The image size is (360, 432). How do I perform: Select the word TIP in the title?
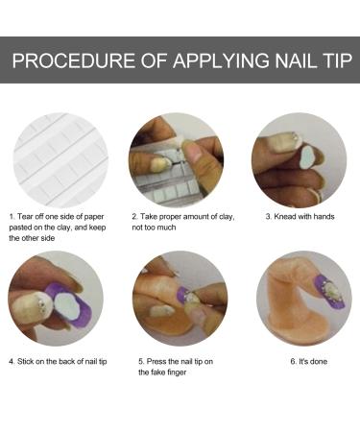tap(329, 62)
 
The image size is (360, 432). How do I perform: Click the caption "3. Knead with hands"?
tap(300, 217)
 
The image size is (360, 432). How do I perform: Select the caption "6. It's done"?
tap(300, 362)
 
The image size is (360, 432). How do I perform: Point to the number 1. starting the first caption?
tap(12, 217)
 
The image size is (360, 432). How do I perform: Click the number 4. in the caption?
tap(12, 362)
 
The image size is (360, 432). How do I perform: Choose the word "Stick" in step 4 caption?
tap(28, 362)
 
